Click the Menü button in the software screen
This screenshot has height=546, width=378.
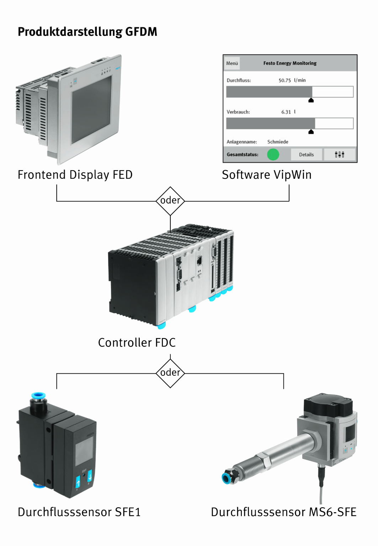coord(232,63)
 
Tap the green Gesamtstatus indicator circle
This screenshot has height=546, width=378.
coord(273,154)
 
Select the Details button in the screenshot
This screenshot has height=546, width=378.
coord(306,155)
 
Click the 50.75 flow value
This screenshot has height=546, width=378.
coord(284,80)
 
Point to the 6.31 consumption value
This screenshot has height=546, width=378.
coord(286,112)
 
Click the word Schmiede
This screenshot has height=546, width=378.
coord(278,142)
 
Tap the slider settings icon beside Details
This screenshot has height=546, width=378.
coord(339,155)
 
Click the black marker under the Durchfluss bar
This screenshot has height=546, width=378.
coord(311,101)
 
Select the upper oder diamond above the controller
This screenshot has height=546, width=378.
coord(170,201)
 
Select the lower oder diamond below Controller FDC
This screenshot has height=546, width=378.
coord(170,373)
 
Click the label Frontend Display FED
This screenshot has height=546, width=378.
coord(75,175)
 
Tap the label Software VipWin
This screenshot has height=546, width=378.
coord(267,175)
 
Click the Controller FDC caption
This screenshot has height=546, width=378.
coord(137,343)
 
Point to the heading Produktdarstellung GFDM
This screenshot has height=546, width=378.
coord(87,32)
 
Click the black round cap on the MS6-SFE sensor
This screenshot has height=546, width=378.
coord(328,406)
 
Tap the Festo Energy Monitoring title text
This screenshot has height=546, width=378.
coord(290,63)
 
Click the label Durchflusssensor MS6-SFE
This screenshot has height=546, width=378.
coord(283,512)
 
